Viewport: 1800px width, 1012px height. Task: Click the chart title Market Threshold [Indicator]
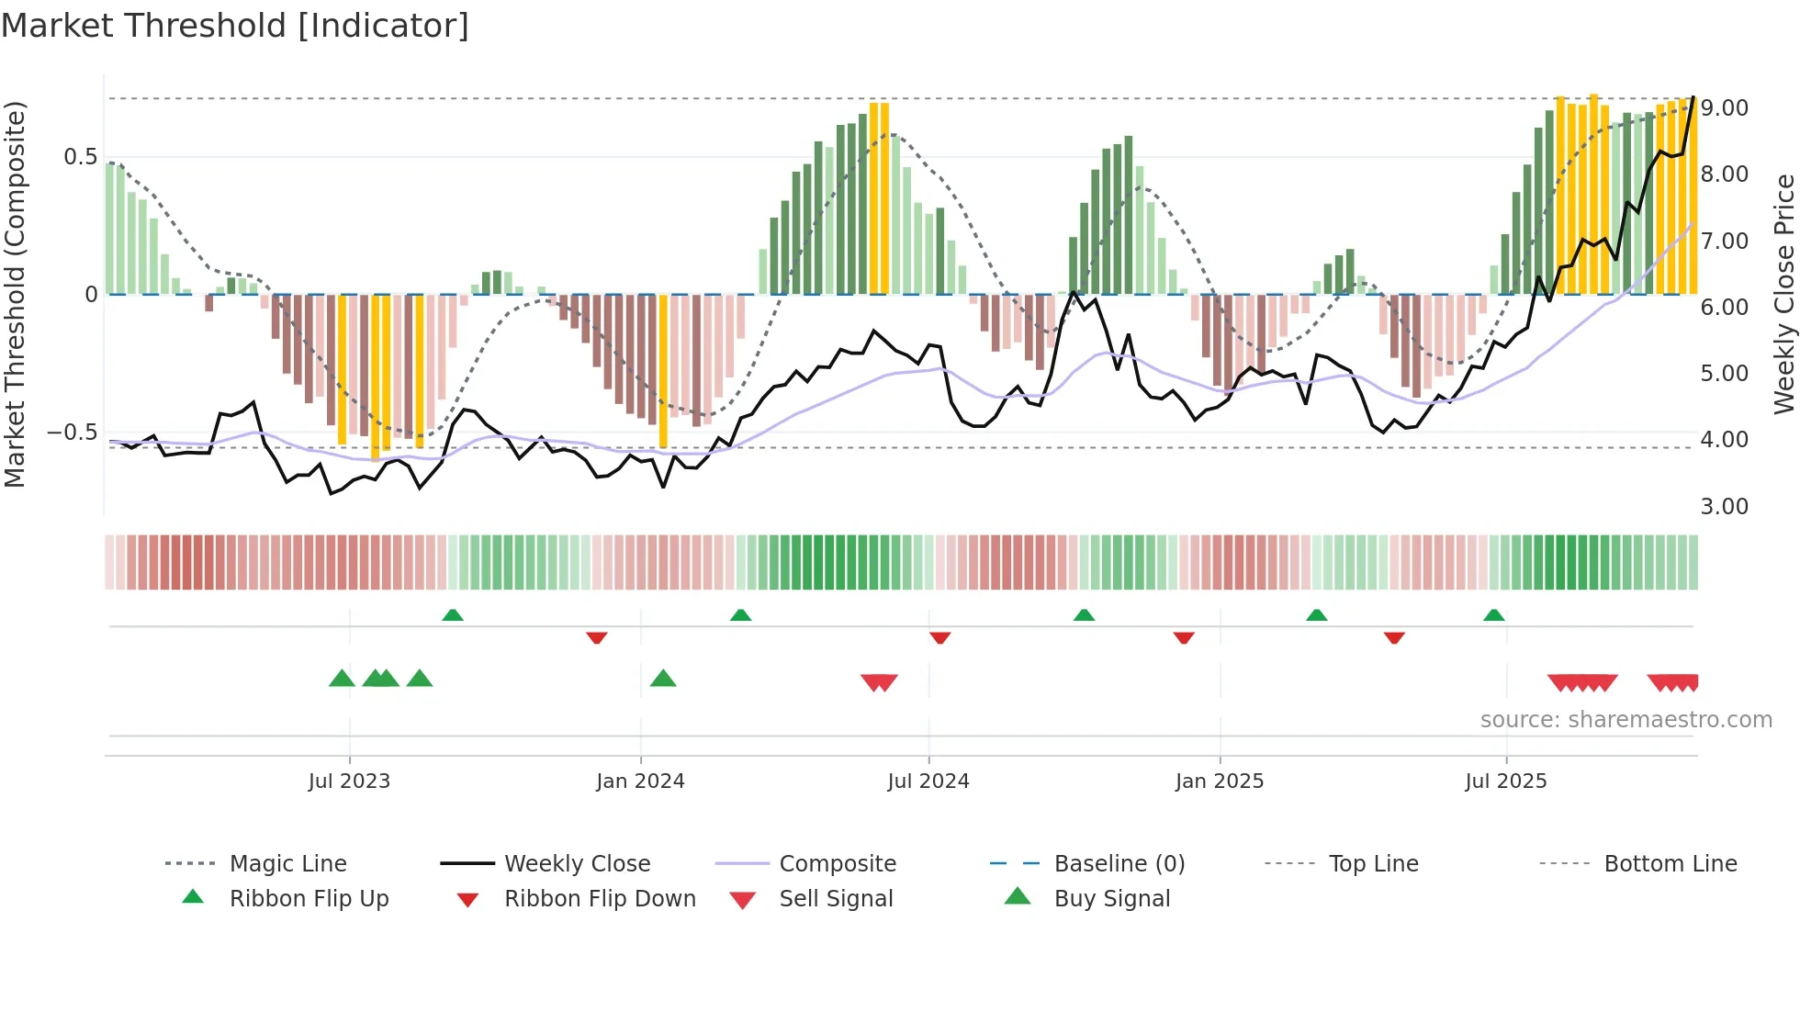(235, 26)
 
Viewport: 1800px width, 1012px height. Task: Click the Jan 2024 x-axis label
(640, 781)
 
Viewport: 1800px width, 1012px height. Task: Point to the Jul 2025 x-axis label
(1505, 781)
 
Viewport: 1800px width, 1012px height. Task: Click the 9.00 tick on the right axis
(1724, 108)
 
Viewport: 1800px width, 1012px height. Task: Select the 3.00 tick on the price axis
(1724, 506)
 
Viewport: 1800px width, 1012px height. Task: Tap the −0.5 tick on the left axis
(72, 432)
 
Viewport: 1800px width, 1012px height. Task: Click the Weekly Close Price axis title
(1783, 294)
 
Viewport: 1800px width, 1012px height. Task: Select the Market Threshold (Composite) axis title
(15, 294)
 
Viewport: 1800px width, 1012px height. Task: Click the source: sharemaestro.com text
(1626, 719)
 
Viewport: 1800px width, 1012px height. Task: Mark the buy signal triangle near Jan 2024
(663, 679)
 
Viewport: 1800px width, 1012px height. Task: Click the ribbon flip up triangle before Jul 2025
(1493, 615)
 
